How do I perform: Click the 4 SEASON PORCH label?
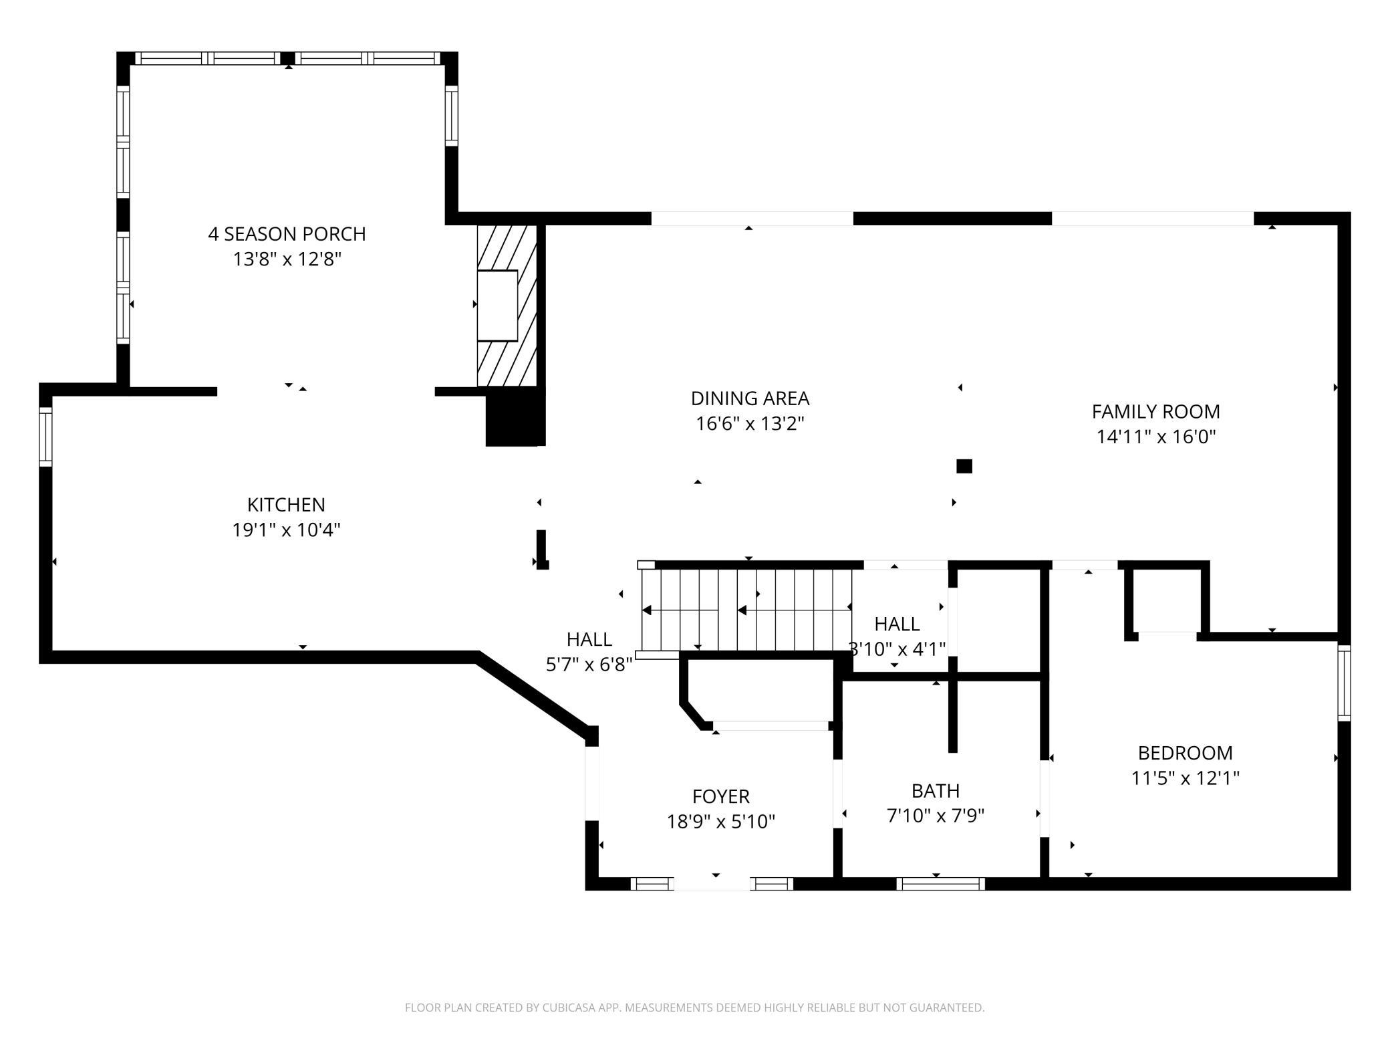(x=287, y=234)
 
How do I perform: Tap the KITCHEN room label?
(x=286, y=505)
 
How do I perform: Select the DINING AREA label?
(x=750, y=398)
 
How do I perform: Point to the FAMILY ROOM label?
(x=1155, y=411)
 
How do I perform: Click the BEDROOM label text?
(x=1185, y=753)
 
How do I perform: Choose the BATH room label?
(x=936, y=791)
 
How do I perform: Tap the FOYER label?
(x=721, y=796)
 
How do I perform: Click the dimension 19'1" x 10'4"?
(x=286, y=530)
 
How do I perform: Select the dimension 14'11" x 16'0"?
(x=1155, y=437)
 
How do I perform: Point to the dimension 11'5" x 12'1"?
(x=1185, y=778)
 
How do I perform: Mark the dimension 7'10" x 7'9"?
(x=936, y=816)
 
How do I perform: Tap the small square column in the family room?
(x=964, y=466)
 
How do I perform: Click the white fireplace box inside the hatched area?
(x=497, y=306)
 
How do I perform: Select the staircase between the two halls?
(x=746, y=609)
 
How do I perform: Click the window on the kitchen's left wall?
(x=45, y=437)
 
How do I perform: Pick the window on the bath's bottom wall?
(x=940, y=884)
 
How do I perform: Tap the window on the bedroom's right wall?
(x=1344, y=683)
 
